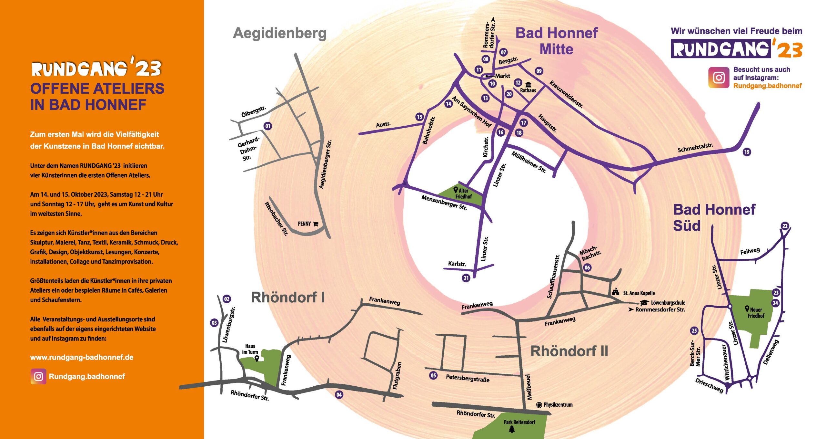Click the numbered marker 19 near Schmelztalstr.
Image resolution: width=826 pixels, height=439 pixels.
point(747,152)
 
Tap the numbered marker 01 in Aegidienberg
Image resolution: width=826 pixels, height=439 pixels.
point(267,126)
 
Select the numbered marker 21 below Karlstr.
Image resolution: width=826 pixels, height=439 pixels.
point(466,278)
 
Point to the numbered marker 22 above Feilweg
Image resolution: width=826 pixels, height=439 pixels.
point(785,226)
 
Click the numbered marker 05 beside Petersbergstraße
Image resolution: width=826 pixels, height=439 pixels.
point(433,375)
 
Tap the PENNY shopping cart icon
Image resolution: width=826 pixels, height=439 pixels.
point(316,224)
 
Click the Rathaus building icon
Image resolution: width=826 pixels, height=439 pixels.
point(528,85)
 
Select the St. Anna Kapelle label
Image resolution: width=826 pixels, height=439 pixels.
point(639,293)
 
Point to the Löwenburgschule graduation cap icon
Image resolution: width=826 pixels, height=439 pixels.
point(644,303)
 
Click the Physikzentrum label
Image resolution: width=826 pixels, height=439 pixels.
point(558,405)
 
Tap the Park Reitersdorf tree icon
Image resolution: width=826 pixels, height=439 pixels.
point(512,429)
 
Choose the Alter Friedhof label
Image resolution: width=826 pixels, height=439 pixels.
point(463,193)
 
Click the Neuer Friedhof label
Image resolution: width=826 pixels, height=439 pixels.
point(756,312)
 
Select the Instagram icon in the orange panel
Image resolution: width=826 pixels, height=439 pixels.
point(38,377)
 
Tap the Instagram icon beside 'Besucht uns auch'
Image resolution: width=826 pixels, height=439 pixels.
point(719,78)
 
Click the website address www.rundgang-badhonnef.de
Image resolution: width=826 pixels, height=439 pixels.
point(82,357)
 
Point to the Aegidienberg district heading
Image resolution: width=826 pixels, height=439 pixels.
point(280,33)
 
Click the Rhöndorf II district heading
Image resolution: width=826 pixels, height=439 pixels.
point(569,351)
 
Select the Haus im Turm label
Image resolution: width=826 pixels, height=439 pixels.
point(250,349)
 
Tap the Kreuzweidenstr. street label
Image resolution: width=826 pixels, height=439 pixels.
point(566,94)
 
